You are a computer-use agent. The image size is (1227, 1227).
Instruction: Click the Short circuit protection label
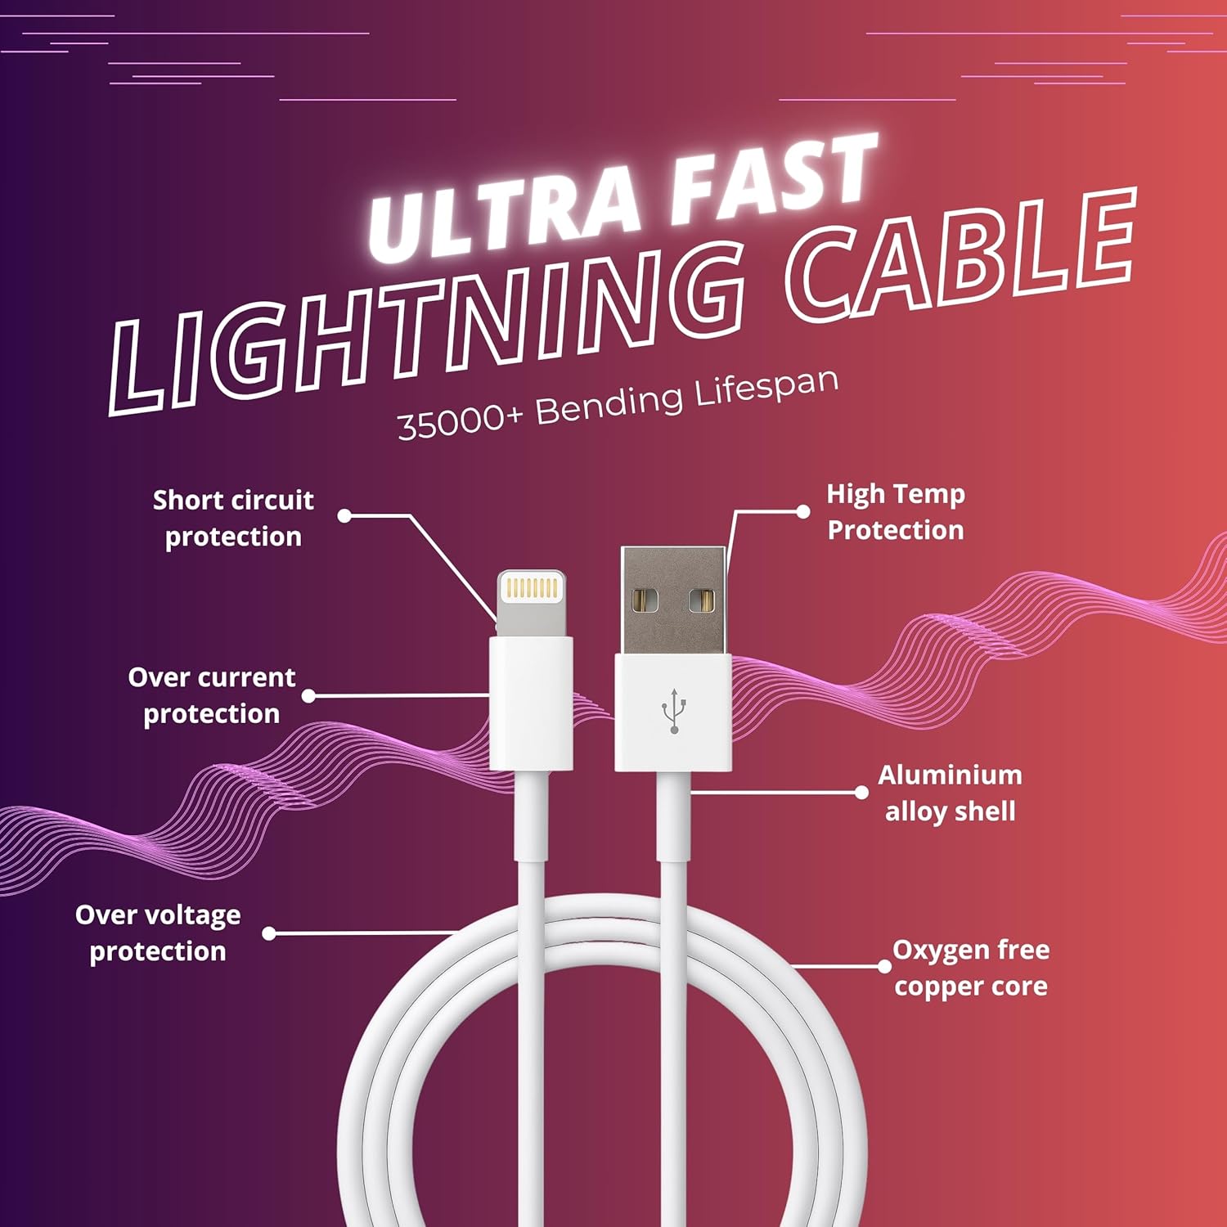click(233, 518)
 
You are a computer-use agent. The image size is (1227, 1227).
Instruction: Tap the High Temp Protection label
click(896, 512)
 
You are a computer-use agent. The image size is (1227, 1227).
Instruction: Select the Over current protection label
click(211, 695)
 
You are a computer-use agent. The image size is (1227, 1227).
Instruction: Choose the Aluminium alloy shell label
click(950, 793)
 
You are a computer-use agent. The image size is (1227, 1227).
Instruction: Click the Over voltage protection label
click(157, 933)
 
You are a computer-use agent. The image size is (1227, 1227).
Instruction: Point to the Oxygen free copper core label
click(971, 968)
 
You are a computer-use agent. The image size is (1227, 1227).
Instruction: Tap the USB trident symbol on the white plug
click(673, 711)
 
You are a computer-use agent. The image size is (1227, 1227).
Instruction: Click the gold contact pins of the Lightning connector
click(532, 587)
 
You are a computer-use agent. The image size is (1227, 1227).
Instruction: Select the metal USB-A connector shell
click(673, 601)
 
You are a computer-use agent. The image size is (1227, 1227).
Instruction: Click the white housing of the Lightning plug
click(531, 703)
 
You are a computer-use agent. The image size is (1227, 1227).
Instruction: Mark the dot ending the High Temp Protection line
click(803, 511)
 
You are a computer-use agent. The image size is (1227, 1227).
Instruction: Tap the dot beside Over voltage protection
click(269, 933)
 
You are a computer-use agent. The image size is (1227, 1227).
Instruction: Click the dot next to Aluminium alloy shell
click(861, 792)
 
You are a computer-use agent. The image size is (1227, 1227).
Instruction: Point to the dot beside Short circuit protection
click(344, 515)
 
